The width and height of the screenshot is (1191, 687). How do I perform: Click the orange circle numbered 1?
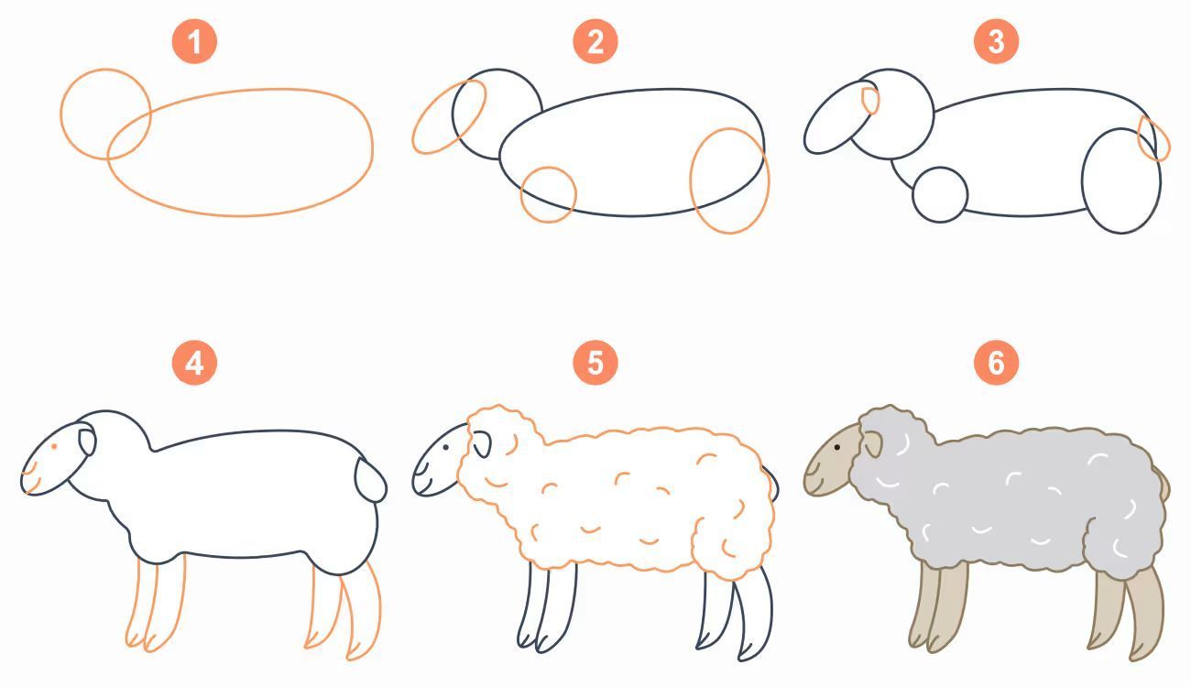(x=194, y=41)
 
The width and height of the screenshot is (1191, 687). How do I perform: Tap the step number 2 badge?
(x=595, y=41)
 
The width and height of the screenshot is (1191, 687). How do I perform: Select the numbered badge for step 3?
(x=996, y=41)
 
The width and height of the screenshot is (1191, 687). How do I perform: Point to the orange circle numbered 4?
(x=194, y=363)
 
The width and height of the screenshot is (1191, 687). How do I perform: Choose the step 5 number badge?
(x=595, y=363)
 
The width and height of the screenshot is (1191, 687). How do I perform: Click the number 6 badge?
(x=996, y=363)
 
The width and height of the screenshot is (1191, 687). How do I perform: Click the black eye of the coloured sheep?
(x=837, y=447)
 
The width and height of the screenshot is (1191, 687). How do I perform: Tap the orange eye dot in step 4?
(x=54, y=447)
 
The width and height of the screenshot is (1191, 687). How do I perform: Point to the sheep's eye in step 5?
(x=445, y=447)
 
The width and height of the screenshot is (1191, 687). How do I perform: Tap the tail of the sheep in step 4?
(x=371, y=480)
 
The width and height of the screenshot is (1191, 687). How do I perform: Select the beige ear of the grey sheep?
(x=872, y=444)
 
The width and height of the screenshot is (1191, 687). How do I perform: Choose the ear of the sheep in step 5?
(x=482, y=444)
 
